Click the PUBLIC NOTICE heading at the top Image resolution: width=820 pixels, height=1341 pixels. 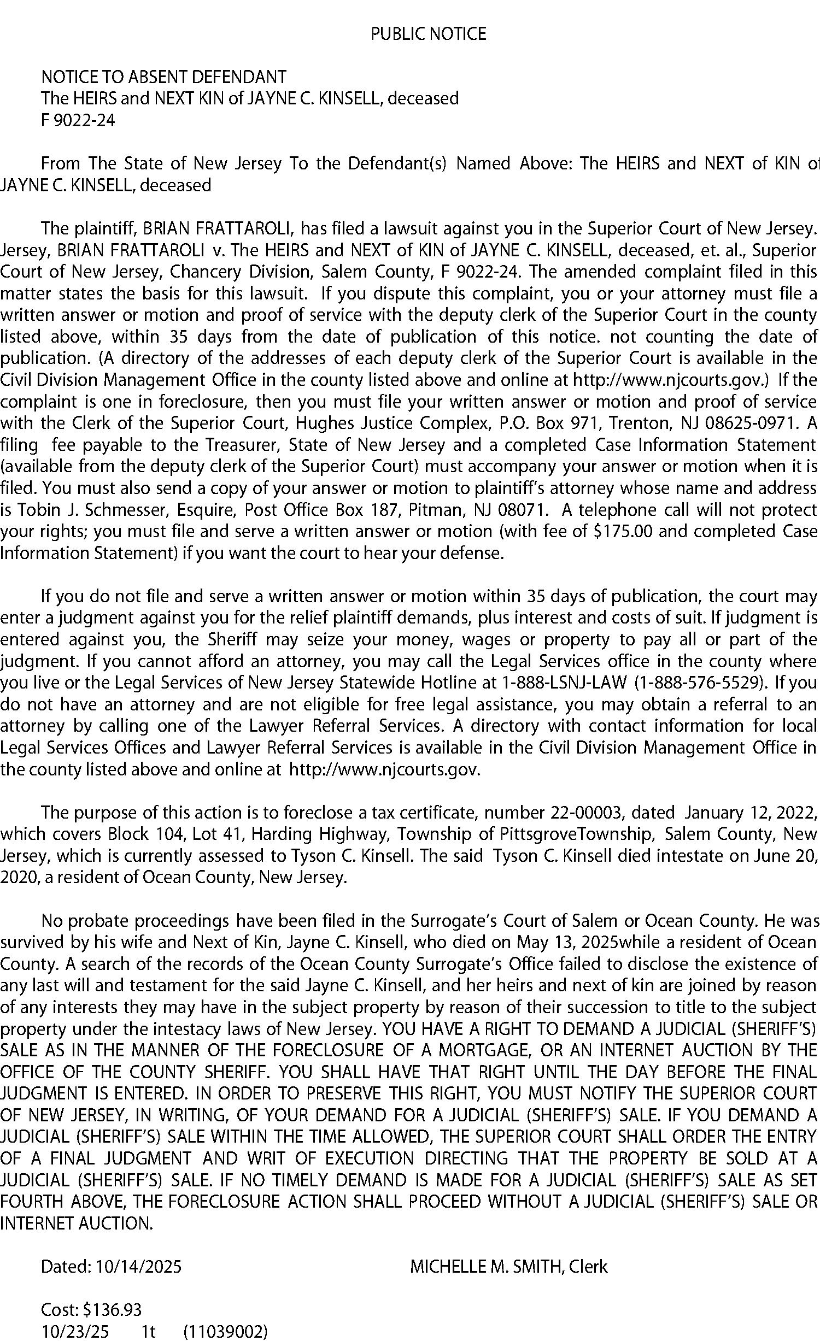[x=428, y=34]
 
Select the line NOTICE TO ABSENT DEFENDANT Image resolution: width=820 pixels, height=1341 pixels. [x=163, y=77]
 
